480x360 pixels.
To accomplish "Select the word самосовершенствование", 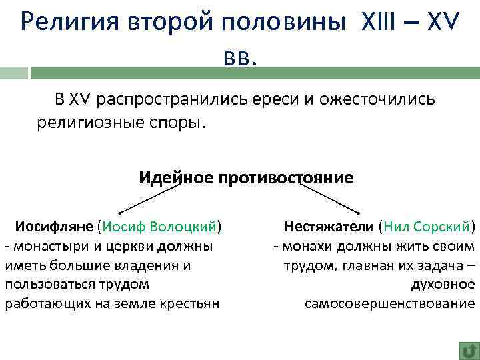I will pyautogui.click(x=390, y=304).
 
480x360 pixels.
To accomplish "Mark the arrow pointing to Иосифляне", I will pyautogui.click(x=150, y=197).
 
